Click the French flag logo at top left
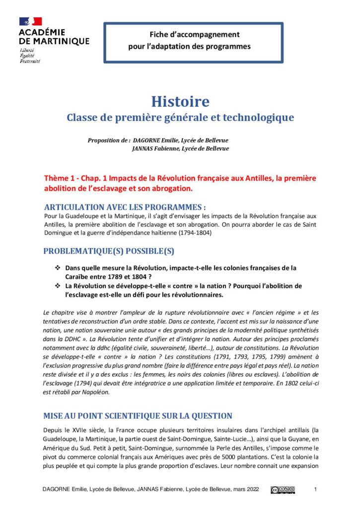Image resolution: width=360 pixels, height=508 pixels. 30,21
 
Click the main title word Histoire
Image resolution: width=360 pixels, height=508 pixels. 180,102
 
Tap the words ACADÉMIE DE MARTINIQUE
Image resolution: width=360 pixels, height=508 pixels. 54,37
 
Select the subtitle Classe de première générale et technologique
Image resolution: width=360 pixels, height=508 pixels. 180,118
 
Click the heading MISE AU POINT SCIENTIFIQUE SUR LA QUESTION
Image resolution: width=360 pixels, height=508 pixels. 138,416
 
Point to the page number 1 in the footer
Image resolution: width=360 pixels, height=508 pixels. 316,490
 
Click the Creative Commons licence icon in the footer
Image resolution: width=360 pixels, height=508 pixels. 283,490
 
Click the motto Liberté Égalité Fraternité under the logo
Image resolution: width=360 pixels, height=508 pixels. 30,56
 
